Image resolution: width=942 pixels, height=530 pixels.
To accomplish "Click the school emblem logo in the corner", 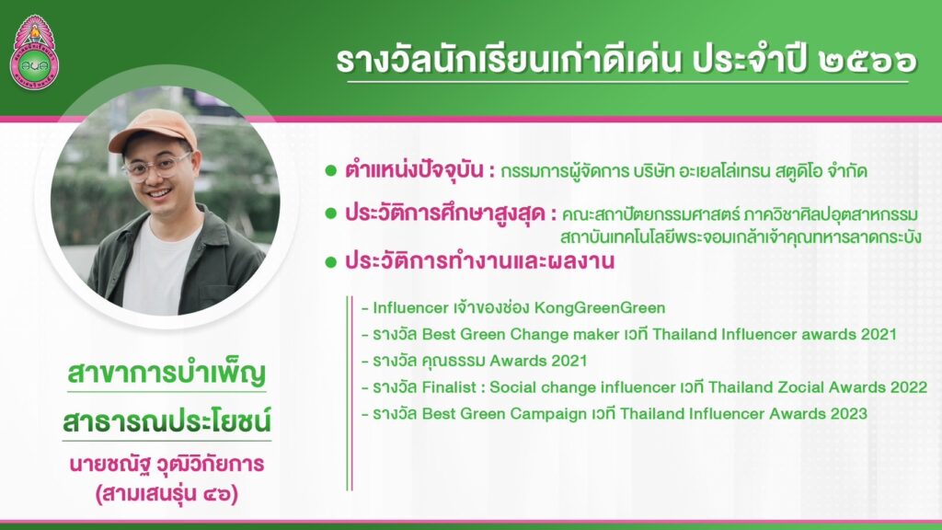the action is point(34,52).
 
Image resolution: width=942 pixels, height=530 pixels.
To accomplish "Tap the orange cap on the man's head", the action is point(153,128).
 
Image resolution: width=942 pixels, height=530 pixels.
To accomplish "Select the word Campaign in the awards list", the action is point(549,414).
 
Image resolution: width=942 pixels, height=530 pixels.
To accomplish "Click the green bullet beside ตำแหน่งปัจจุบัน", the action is point(330,170).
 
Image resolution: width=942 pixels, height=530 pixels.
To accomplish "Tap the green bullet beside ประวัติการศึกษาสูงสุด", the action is point(330,213).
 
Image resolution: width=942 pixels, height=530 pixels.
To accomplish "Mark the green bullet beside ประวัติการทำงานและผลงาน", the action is point(330,261).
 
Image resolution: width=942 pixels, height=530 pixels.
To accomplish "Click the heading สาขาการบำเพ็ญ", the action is point(167,374).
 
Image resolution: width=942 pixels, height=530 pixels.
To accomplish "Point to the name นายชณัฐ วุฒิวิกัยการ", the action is point(167,465).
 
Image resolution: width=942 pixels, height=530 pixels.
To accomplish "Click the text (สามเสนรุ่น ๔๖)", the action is point(167,494).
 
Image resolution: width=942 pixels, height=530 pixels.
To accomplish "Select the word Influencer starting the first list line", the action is point(411,307).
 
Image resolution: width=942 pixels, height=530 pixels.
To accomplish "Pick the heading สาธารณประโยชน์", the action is point(167,421).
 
